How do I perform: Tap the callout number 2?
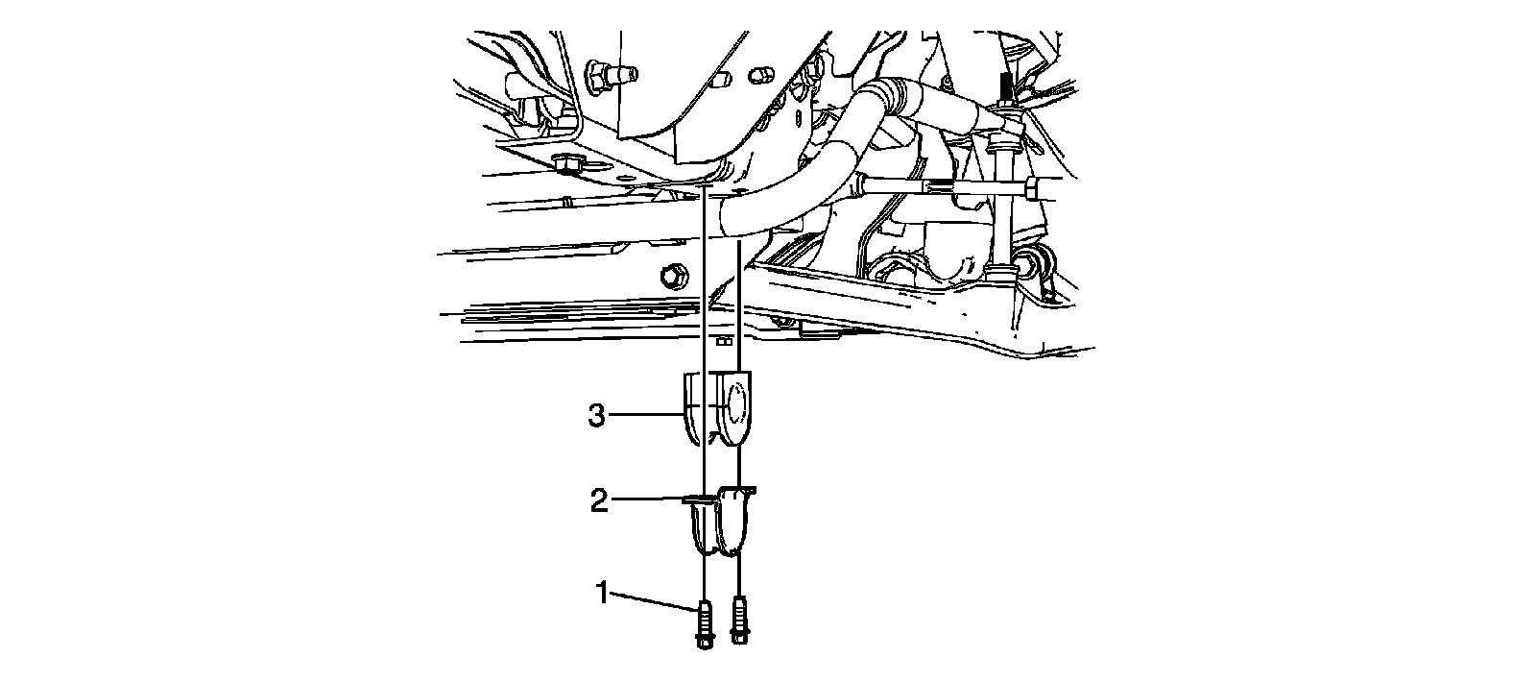coord(599,501)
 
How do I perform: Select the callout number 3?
coord(596,417)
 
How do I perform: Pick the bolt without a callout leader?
coord(738,620)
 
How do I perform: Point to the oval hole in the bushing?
coord(734,402)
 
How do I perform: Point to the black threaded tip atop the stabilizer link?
coord(1004,86)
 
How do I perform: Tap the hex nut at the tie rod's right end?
coord(1031,189)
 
